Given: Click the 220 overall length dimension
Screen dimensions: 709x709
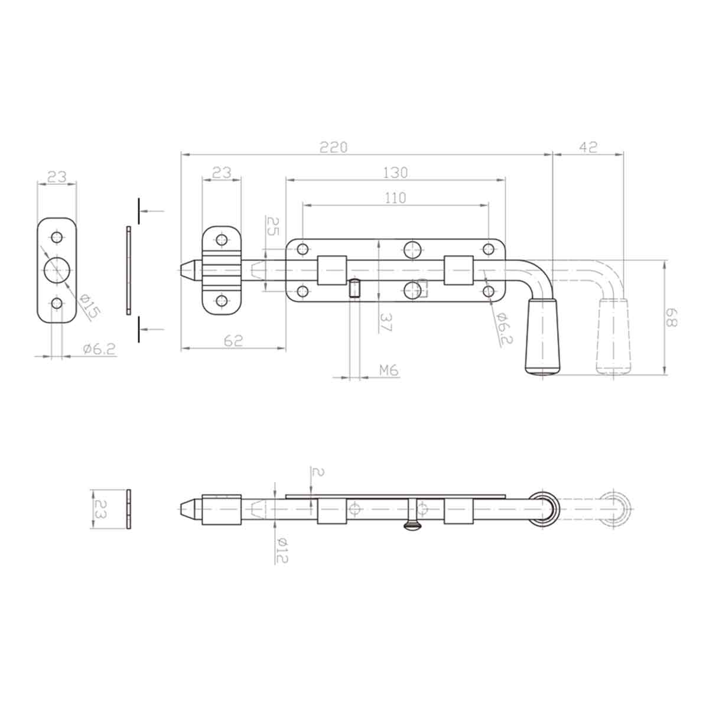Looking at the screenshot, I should coord(334,147).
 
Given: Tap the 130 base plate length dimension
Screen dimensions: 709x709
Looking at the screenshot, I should coord(395,173).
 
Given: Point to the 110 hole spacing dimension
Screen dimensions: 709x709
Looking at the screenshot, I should coord(395,198).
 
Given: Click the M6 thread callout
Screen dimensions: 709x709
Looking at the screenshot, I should coord(388,370).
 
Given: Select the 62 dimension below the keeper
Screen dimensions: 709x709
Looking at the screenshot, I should coord(233,341).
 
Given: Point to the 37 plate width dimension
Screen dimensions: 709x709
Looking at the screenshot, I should coord(385,322).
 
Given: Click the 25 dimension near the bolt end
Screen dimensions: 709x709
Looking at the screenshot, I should coord(272,227).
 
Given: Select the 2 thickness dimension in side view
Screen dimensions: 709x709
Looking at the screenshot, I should coord(318,472).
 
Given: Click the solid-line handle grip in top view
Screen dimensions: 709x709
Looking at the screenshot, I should coord(541,337).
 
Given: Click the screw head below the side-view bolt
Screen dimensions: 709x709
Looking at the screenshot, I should coord(412,525).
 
